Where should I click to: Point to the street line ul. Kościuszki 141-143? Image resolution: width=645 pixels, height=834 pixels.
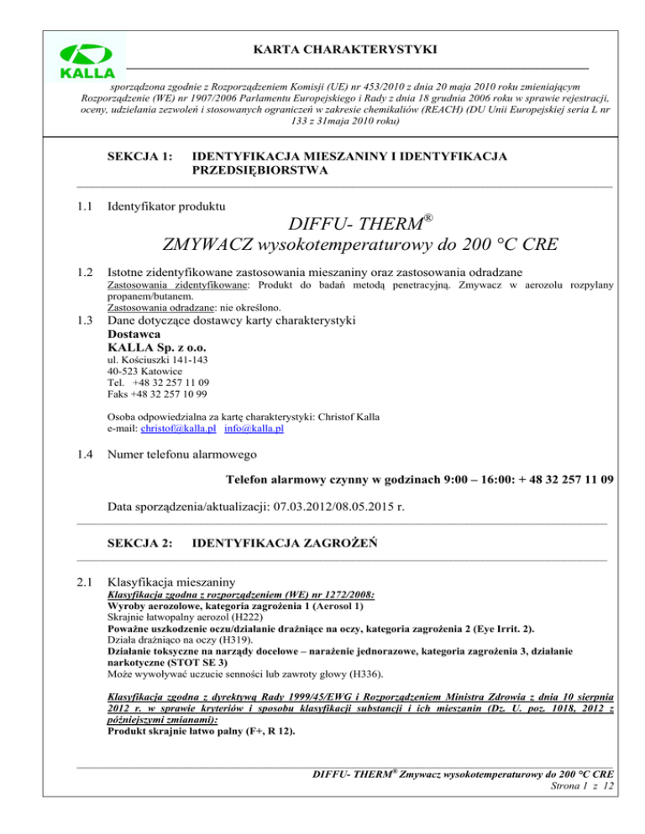coord(159,360)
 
